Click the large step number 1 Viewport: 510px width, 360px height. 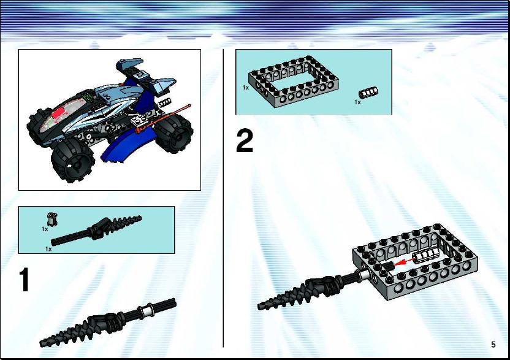click(25, 280)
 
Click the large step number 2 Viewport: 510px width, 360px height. click(244, 141)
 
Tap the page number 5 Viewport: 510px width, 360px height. click(493, 345)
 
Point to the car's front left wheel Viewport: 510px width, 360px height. click(73, 162)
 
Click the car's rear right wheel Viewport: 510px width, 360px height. click(173, 134)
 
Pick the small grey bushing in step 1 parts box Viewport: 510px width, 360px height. click(51, 219)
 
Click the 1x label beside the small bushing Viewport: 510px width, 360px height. click(45, 229)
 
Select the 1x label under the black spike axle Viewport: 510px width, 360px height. click(48, 249)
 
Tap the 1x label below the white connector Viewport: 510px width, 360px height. click(357, 102)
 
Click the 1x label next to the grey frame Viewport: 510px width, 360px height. click(246, 88)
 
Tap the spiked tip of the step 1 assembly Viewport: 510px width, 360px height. click(40, 343)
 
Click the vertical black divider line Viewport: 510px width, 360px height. click(223, 198)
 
